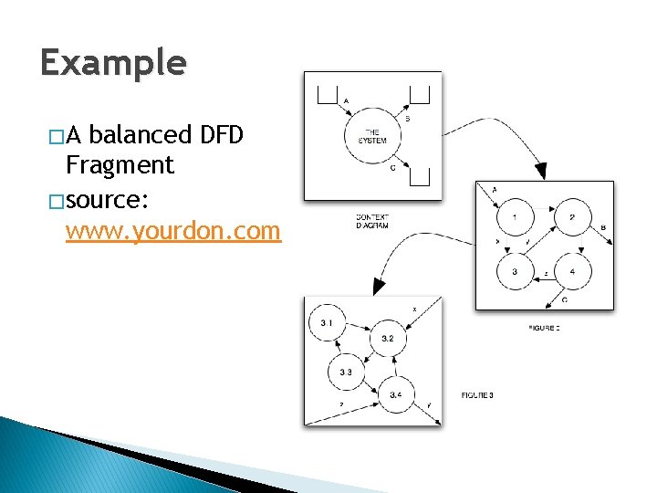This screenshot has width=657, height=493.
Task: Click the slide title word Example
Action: [x=113, y=63]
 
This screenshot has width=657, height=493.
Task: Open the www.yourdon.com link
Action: [x=173, y=231]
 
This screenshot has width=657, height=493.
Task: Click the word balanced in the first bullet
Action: [x=141, y=136]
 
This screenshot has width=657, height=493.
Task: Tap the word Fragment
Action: [x=120, y=165]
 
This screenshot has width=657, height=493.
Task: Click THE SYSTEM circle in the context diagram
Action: [x=373, y=137]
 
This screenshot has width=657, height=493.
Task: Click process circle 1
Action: [x=516, y=217]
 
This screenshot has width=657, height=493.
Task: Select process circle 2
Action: [x=572, y=217]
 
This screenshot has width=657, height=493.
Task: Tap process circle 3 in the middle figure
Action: [x=516, y=271]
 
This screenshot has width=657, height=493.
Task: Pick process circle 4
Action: [x=572, y=271]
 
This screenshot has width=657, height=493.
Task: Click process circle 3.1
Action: [x=328, y=323]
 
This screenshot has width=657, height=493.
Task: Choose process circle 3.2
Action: [x=387, y=339]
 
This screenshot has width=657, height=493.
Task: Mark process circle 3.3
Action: [x=346, y=372]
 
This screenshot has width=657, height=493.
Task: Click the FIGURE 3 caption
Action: [x=477, y=394]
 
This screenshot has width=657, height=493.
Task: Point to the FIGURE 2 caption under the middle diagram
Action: [x=545, y=327]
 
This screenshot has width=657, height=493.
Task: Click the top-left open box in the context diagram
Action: [x=327, y=92]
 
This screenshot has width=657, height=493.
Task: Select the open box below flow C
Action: [x=420, y=176]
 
